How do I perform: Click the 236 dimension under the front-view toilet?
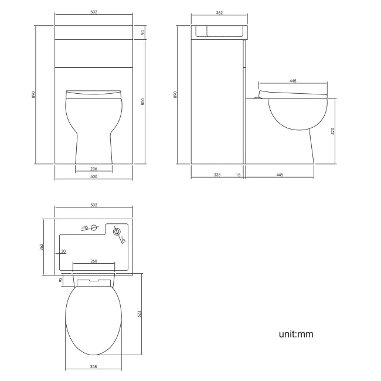tap(93, 169)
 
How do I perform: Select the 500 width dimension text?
tap(93, 176)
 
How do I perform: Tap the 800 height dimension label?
tap(143, 101)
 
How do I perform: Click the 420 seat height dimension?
tap(332, 131)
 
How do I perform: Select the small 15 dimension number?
tap(239, 175)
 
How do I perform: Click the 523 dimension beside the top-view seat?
tap(139, 314)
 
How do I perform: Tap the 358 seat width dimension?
tap(93, 367)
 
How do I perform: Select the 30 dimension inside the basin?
tap(62, 252)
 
